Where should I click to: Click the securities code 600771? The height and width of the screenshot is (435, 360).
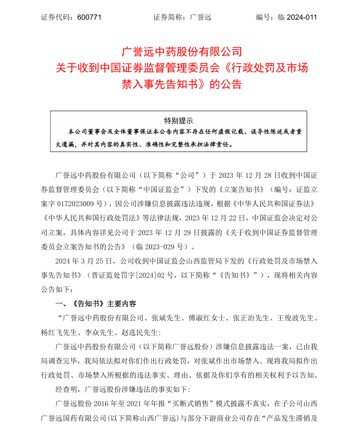89,17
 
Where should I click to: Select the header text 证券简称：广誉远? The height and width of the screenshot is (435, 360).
182,17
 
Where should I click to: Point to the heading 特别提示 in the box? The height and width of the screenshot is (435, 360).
178,121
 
